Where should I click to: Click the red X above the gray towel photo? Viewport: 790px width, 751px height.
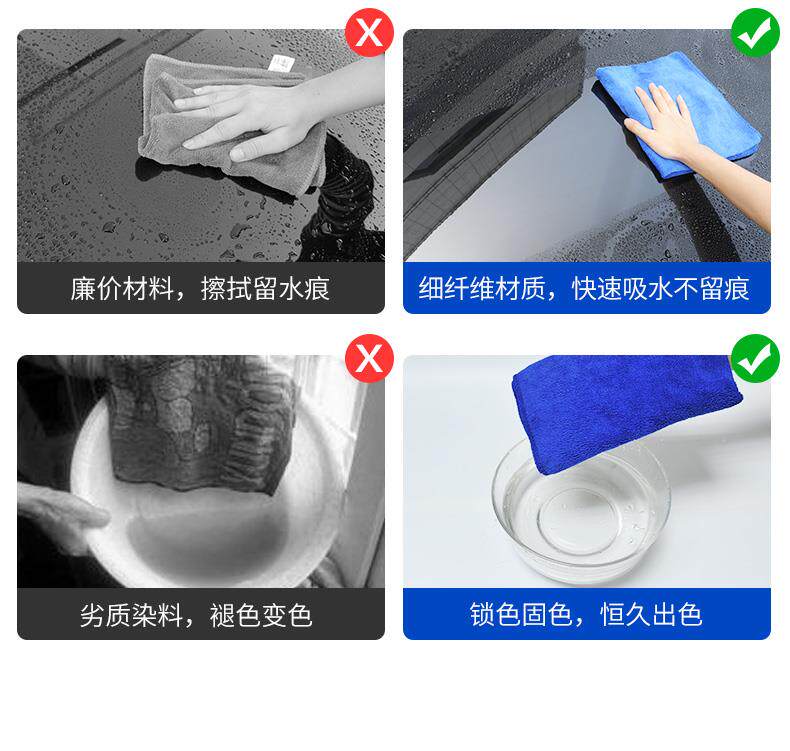coord(369,33)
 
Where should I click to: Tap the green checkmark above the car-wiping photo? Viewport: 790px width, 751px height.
coord(755,33)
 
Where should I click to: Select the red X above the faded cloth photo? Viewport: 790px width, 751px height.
coord(369,358)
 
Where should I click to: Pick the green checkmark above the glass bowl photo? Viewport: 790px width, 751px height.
coord(755,358)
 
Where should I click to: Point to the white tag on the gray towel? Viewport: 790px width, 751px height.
coord(281,64)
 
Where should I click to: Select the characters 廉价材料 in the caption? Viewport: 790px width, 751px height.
coord(122,289)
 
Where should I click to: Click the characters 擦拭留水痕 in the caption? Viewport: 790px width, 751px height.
coord(265,289)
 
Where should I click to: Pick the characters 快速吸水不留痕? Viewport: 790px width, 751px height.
coord(661,289)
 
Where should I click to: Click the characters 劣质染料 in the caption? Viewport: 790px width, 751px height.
coord(131,615)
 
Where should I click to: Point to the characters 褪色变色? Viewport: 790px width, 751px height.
coord(261,615)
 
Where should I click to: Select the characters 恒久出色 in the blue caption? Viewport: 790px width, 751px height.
coord(651,615)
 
